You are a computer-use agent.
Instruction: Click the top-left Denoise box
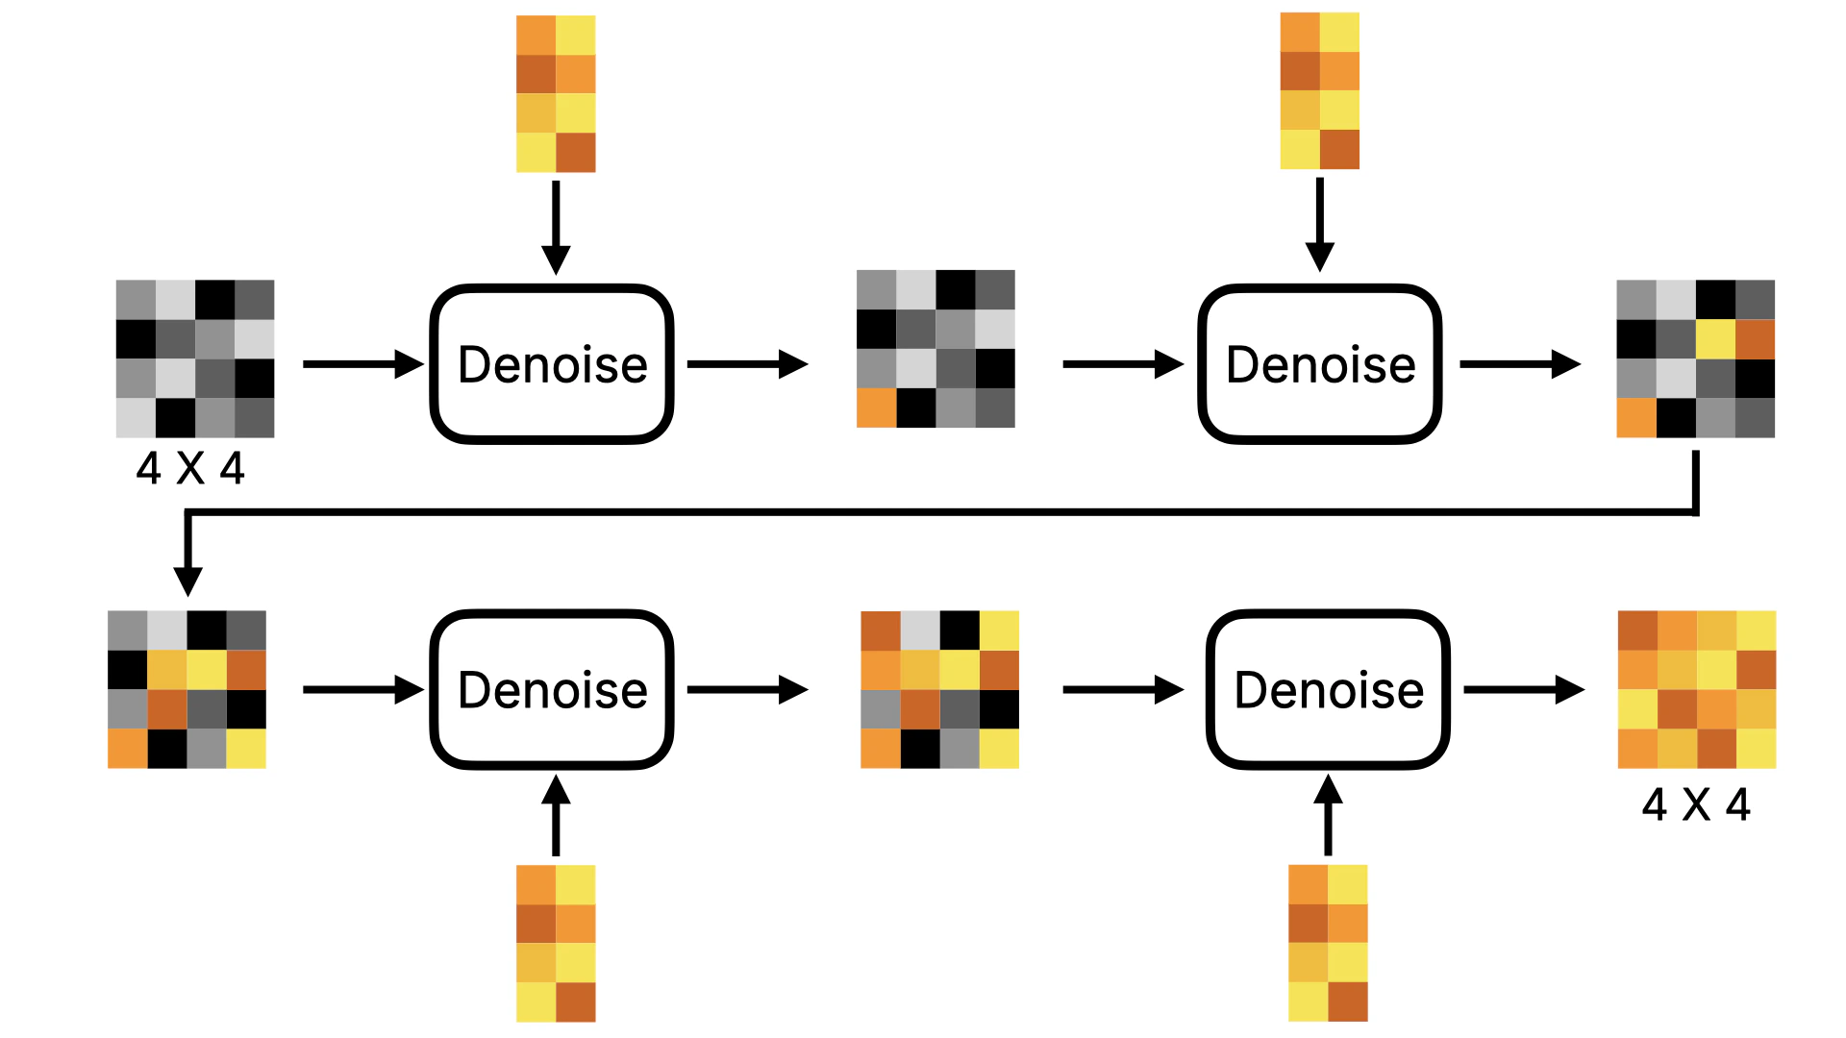[x=552, y=364]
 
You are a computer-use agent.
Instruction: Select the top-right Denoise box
[x=1319, y=364]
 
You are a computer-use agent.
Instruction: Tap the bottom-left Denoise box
[x=552, y=689]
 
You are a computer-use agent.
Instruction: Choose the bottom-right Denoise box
[x=1328, y=689]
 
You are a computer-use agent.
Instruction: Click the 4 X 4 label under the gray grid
[x=190, y=469]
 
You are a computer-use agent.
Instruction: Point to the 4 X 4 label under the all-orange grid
[x=1696, y=804]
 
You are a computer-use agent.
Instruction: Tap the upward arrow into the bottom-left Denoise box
[x=556, y=816]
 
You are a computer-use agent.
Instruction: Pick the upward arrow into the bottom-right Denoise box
[x=1328, y=816]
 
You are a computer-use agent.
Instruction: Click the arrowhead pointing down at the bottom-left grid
[x=187, y=581]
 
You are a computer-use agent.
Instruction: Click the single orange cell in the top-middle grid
[x=876, y=408]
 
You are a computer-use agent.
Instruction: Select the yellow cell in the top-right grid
[x=1715, y=339]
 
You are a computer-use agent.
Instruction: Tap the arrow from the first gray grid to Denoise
[x=362, y=364]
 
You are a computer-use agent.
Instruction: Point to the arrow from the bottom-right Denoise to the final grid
[x=1523, y=689]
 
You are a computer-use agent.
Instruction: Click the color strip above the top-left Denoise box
[x=556, y=94]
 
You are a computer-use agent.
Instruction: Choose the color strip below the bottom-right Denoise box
[x=1328, y=943]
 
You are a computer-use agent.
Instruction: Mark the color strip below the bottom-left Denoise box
[x=556, y=943]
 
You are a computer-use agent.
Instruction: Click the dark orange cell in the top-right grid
[x=1755, y=339]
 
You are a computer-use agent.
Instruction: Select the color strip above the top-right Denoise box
[x=1319, y=91]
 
